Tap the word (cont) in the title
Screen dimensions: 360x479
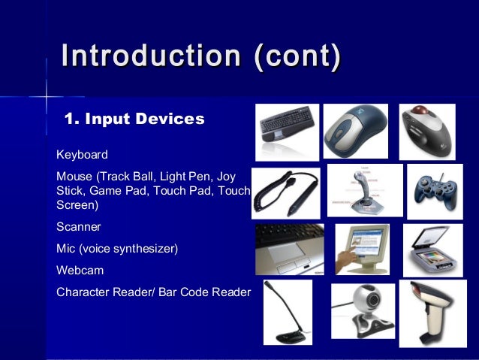pyautogui.click(x=297, y=57)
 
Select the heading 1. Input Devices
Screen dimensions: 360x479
pyautogui.click(x=134, y=119)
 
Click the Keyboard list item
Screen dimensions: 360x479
pyautogui.click(x=82, y=155)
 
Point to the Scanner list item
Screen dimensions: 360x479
pyautogui.click(x=78, y=226)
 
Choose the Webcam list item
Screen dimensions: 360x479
pyautogui.click(x=80, y=269)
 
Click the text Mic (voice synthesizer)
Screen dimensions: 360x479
pyautogui.click(x=117, y=248)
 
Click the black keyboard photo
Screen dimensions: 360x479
pyautogui.click(x=288, y=132)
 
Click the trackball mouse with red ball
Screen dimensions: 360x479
pyautogui.click(x=426, y=131)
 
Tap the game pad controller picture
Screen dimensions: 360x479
pyautogui.click(x=435, y=191)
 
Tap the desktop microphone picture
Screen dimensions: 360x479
pyautogui.click(x=288, y=312)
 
